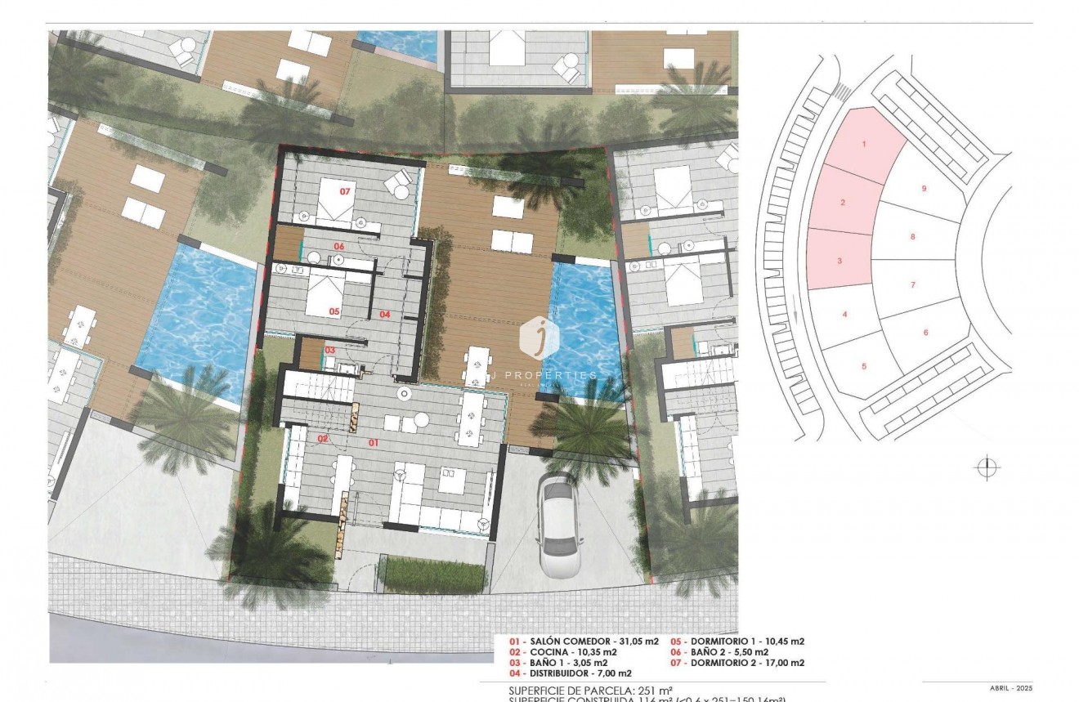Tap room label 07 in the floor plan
(345, 191)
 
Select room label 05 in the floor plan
(334, 311)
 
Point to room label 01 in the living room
(374, 442)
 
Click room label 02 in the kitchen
(323, 439)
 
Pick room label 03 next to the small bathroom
(329, 350)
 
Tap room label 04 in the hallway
(384, 314)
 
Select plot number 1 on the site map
(864, 144)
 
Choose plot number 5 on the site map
(864, 366)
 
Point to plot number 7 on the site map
(912, 285)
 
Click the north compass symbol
(987, 468)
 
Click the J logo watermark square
(539, 337)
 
